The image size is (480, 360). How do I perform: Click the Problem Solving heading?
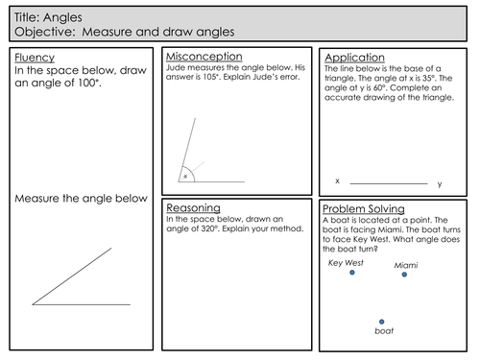(x=363, y=208)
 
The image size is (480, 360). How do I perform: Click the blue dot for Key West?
(x=352, y=274)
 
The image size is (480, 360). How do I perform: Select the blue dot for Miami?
(x=404, y=275)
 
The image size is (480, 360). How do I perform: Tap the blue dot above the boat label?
(x=382, y=322)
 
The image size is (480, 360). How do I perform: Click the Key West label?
(x=347, y=261)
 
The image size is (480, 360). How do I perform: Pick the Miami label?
(x=405, y=263)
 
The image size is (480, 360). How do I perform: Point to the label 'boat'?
(x=383, y=333)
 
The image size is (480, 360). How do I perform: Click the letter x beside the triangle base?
(x=337, y=180)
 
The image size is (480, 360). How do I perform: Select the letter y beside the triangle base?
(x=440, y=182)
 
